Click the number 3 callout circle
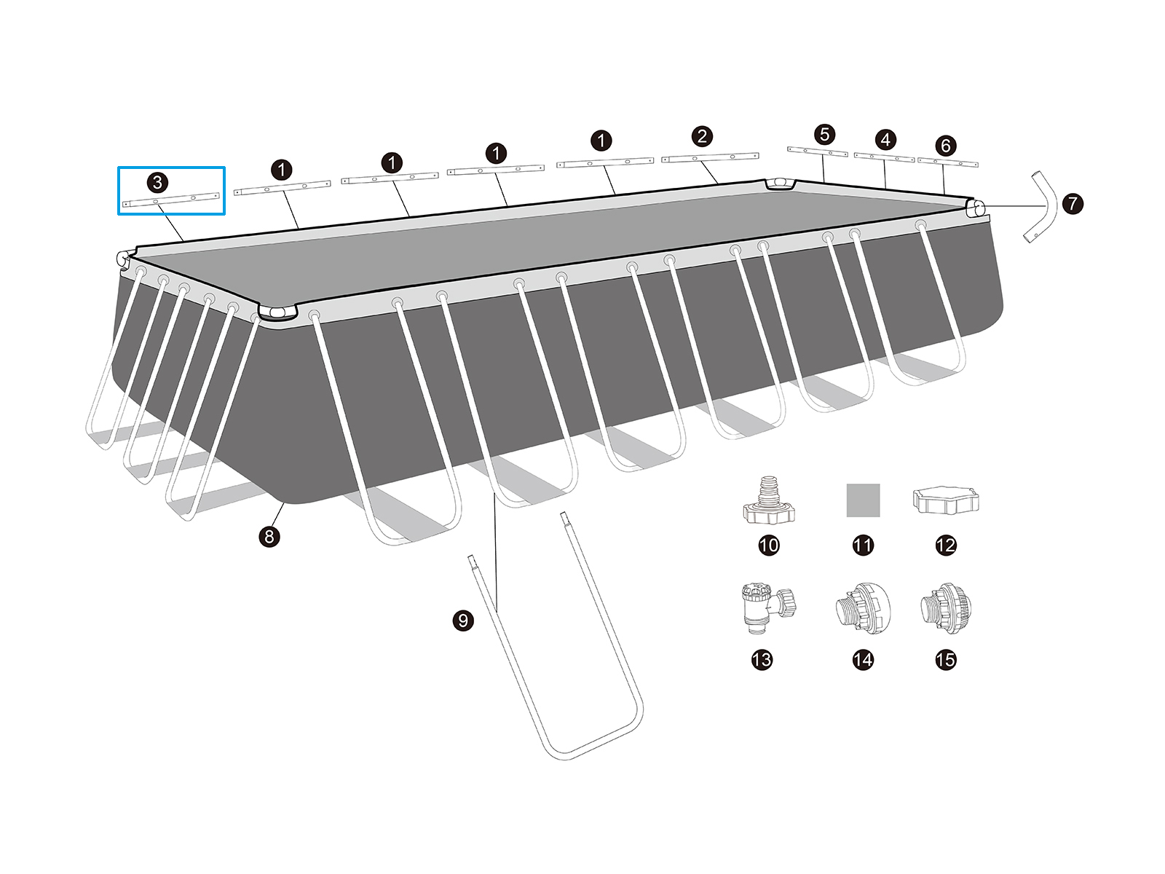point(157,183)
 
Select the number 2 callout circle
point(702,136)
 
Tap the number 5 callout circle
point(824,134)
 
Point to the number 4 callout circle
point(885,140)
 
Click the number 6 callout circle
point(945,146)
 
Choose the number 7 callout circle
point(1073,204)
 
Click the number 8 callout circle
point(269,537)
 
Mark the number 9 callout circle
point(463,621)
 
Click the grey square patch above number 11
point(863,500)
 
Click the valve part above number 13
point(768,608)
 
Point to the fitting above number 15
point(946,608)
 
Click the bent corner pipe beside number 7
point(1040,207)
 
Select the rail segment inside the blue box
point(171,200)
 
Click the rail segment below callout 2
point(710,157)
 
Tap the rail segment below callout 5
point(818,151)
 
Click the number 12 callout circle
point(945,545)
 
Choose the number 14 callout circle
point(863,660)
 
